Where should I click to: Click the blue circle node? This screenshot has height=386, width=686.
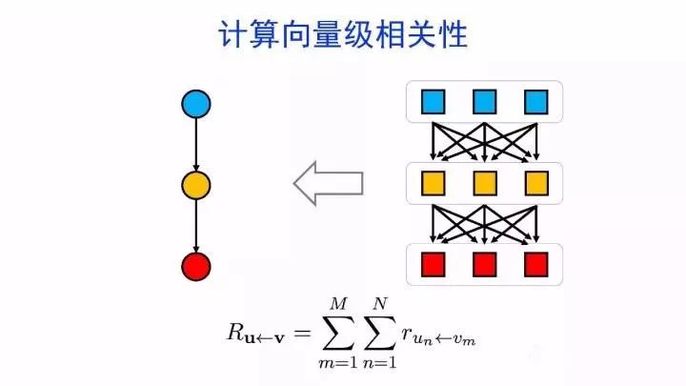click(x=195, y=104)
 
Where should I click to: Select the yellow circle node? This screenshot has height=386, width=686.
click(x=195, y=185)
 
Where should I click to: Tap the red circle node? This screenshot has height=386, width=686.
click(x=195, y=266)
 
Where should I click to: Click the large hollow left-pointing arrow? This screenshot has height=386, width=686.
click(x=328, y=182)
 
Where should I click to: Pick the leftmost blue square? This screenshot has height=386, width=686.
click(x=434, y=100)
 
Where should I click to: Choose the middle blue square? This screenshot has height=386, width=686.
click(x=485, y=100)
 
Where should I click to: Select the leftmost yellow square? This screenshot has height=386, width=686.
click(x=434, y=182)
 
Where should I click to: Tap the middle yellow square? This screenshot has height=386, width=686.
click(x=485, y=182)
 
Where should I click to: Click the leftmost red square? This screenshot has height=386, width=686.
click(x=434, y=263)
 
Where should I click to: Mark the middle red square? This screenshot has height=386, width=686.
click(x=485, y=263)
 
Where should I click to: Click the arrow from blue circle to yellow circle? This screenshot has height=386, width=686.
click(x=195, y=144)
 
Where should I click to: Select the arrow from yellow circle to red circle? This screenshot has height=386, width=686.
click(x=195, y=225)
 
